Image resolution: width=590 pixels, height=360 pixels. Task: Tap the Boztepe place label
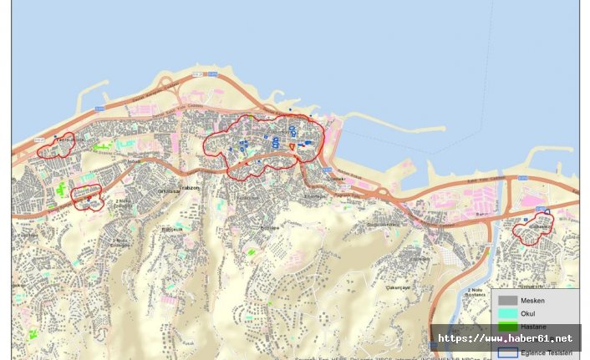270,226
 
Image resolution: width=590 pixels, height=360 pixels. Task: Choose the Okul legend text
527,312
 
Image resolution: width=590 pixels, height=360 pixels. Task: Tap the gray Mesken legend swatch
507,299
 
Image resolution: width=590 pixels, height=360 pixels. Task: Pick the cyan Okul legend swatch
507,312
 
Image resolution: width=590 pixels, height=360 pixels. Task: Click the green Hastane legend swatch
507,325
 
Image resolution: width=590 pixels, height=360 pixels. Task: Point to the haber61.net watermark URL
506,338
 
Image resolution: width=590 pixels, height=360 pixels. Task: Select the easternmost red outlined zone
533,227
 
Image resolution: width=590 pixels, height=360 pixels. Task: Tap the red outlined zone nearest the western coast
56,146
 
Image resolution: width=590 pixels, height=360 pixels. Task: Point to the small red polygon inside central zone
292,147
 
